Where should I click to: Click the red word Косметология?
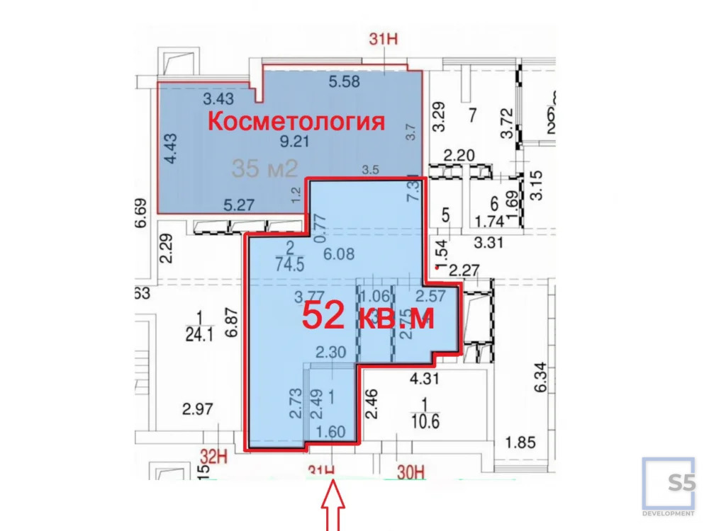point(296,121)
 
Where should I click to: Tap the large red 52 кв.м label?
point(368,316)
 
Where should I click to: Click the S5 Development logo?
point(669,487)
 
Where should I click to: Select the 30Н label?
point(410,471)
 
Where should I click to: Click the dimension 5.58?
point(345,81)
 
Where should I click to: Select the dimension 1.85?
point(519,443)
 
